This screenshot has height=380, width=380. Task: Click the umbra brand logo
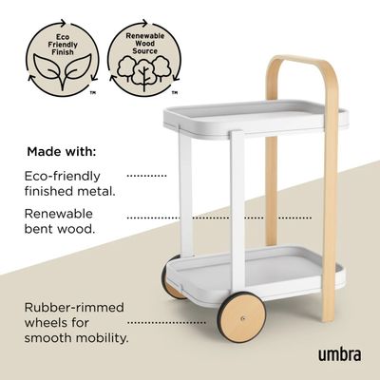pyautogui.click(x=339, y=354)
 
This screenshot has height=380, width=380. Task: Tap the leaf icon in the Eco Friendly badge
pyautogui.click(x=63, y=71)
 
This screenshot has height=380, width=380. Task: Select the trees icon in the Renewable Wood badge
pyautogui.click(x=144, y=71)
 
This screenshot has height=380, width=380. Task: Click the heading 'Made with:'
pyautogui.click(x=62, y=152)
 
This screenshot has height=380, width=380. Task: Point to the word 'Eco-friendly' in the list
pyautogui.click(x=63, y=176)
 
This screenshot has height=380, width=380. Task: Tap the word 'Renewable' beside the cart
pyautogui.click(x=59, y=214)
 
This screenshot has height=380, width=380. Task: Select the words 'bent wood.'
pyautogui.click(x=60, y=229)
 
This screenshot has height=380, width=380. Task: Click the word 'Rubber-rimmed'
pyautogui.click(x=74, y=308)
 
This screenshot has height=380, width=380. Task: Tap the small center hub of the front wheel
pyautogui.click(x=243, y=318)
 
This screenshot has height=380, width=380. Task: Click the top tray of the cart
pyautogui.click(x=256, y=120)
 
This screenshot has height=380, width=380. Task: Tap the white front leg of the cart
pyautogui.click(x=237, y=213)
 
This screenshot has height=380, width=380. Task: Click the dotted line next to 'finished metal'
pyautogui.click(x=146, y=175)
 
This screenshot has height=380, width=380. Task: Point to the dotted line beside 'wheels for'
pyautogui.click(x=166, y=323)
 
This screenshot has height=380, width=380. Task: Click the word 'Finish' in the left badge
pyautogui.click(x=63, y=52)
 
